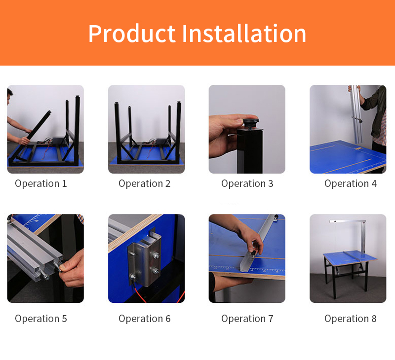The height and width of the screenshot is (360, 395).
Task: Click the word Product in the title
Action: tap(132, 34)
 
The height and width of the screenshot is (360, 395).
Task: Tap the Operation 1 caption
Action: tap(41, 184)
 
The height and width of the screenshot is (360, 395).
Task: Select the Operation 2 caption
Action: tap(144, 184)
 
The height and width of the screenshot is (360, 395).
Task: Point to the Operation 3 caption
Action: tap(247, 184)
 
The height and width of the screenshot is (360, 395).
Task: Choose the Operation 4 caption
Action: tap(351, 184)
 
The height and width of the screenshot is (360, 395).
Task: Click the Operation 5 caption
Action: tap(41, 319)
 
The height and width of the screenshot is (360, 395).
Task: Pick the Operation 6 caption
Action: tap(144, 319)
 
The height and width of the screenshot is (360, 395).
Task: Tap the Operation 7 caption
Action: tap(247, 319)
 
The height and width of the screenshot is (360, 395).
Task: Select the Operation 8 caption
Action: tap(351, 319)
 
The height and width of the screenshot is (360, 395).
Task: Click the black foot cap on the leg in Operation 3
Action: tap(251, 123)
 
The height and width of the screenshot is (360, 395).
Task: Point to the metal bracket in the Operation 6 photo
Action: tap(145, 259)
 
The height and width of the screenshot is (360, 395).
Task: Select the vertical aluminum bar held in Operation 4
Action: tap(357, 114)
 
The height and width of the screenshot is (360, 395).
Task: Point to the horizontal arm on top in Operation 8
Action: tap(347, 221)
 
